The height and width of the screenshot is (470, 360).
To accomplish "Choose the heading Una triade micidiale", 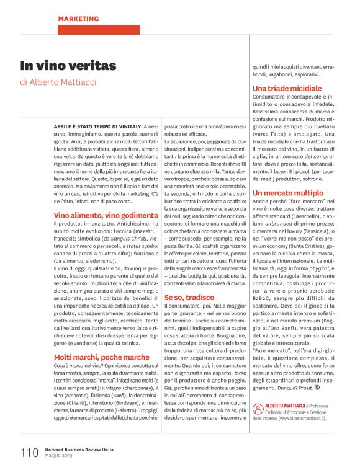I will coord(287,89).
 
